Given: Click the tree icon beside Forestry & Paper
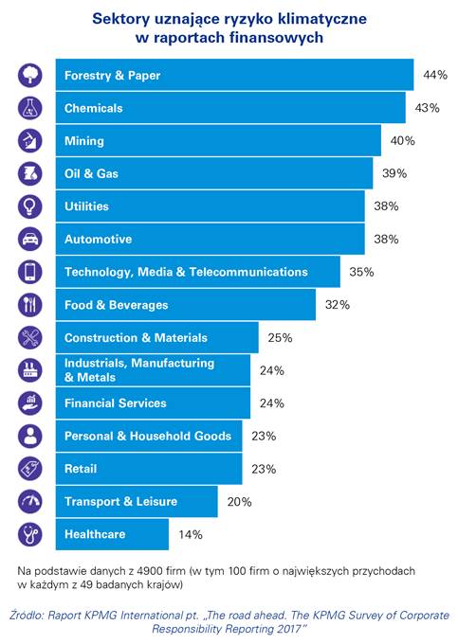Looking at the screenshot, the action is pos(30,75).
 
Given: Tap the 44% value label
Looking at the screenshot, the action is pos(435,75).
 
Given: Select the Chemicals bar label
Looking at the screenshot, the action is pos(93,108).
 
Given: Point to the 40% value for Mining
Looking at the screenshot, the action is pos(402,141).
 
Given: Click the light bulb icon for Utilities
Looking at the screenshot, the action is pos(30,206).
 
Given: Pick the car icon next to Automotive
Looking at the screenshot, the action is pos(30,239).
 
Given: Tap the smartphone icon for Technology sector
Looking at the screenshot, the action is pos(30,272).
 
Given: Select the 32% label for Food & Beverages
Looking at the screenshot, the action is pos(338,305).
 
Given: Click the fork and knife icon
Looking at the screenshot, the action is pos(30,305).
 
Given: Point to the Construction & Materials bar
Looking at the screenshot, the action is pos(157,337).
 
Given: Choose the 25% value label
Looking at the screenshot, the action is pos(280,337).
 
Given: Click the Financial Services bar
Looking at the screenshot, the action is pos(153,402).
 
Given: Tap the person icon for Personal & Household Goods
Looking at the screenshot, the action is pos(30,436).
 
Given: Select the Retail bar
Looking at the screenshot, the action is pos(149,469).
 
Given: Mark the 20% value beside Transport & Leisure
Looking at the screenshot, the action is pos(239,502).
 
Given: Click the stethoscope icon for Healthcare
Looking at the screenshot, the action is pos(30,534).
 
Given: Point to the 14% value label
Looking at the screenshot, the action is pos(191,534).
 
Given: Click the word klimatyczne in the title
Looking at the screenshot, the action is pos(321,19).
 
